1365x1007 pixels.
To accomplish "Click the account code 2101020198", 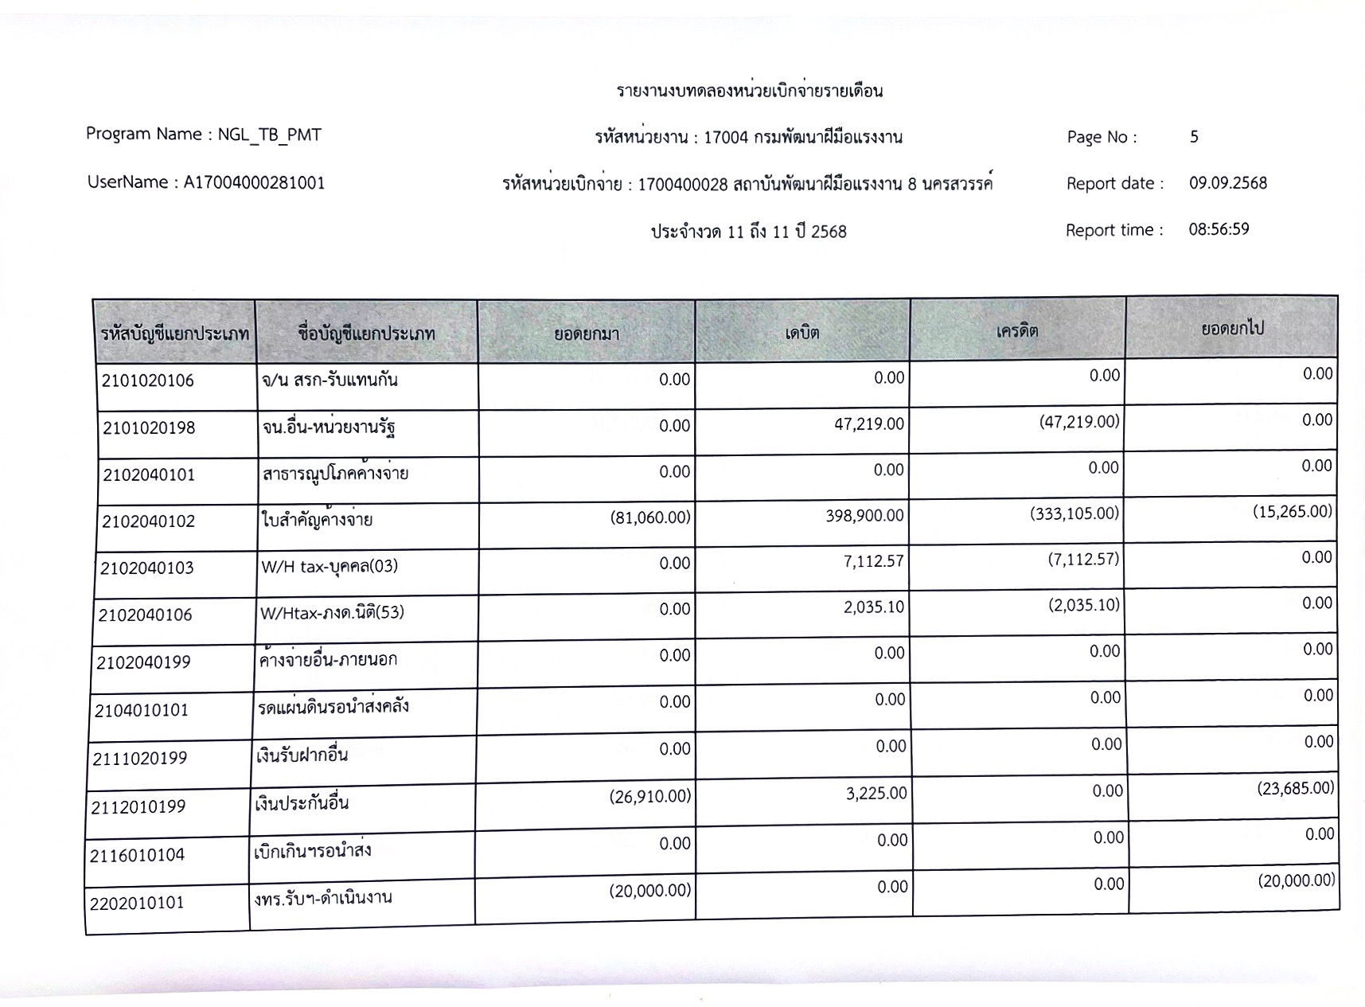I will [149, 428].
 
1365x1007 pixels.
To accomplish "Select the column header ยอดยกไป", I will [1232, 328].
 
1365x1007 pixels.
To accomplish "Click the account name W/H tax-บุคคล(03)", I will [330, 566].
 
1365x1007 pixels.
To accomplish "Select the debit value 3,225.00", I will [876, 794].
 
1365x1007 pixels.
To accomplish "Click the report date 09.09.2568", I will [1228, 183].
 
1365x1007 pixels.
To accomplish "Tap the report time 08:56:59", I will [1219, 229].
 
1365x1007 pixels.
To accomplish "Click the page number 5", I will [1194, 137].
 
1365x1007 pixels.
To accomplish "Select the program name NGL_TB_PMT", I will [270, 135].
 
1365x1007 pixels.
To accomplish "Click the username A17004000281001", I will [254, 182].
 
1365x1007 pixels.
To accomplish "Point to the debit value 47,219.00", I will [868, 424].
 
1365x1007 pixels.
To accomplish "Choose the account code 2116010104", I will [137, 856].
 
